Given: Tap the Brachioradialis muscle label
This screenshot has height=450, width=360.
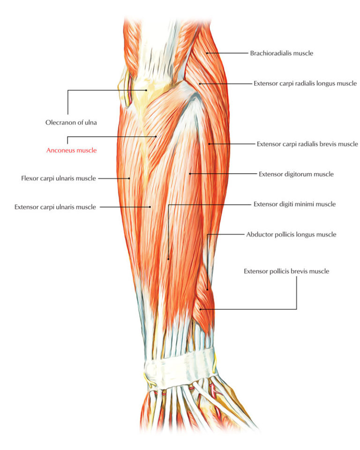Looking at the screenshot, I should tap(281, 53).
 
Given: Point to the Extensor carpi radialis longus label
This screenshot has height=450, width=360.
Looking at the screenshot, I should tap(305, 84).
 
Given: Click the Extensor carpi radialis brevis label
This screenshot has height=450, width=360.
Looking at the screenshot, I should tap(307, 144).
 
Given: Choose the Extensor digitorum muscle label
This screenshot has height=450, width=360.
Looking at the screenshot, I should tap(296, 174).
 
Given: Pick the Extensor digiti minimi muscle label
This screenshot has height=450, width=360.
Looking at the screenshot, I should tap(294, 204).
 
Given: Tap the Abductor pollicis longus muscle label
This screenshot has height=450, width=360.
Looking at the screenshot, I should tap(291, 235).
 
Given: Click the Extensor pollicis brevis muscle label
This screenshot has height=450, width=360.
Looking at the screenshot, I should tap(286, 271).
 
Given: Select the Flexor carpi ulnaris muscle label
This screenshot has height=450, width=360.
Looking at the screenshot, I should tap(59, 178).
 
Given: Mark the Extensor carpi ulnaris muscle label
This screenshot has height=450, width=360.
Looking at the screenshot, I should tap(55, 207).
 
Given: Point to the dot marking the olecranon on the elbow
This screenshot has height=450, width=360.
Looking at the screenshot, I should tap(147, 90).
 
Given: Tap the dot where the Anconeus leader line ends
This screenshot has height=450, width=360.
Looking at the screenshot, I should tap(156, 137).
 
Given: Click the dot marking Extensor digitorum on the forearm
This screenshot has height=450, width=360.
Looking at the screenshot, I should tap(190, 174).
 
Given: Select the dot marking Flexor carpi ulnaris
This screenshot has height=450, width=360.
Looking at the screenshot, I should tap(130, 178).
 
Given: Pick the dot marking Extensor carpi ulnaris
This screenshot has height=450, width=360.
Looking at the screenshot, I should tap(150, 207).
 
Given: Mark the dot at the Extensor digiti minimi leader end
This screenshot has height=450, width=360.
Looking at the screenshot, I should tap(168, 258).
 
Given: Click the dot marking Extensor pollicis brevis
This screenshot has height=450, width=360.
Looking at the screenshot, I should tap(201, 309).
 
